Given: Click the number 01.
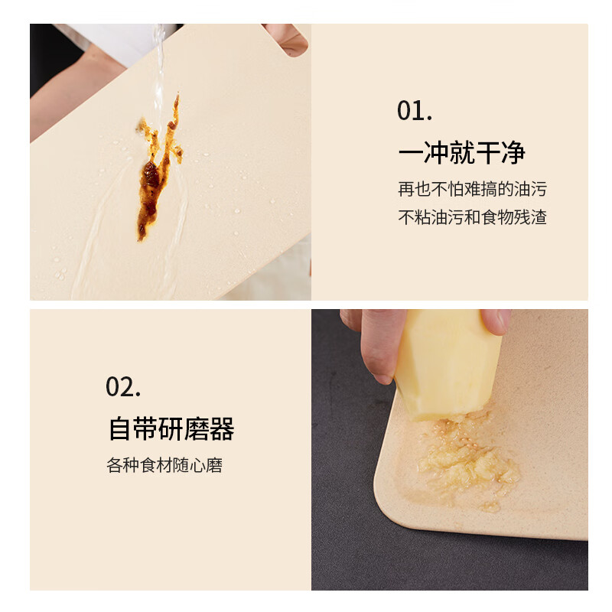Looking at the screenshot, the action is [x=415, y=110].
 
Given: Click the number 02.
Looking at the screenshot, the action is [x=123, y=387].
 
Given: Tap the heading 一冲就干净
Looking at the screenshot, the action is [x=461, y=152].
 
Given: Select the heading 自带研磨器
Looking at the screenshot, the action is [x=171, y=428].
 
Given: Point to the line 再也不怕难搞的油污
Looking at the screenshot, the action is [x=472, y=189].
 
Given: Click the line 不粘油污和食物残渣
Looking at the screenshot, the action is [x=472, y=217].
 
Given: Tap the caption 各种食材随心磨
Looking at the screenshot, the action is [x=164, y=465].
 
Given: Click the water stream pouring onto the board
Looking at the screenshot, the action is [x=159, y=74].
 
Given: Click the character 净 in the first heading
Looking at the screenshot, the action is [x=513, y=152].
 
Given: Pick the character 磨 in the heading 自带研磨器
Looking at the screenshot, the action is [x=197, y=428].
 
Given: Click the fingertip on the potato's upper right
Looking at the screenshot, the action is [x=496, y=321].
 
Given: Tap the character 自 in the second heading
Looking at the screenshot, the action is [x=120, y=428].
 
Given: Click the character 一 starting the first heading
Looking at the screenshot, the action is [x=410, y=152].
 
